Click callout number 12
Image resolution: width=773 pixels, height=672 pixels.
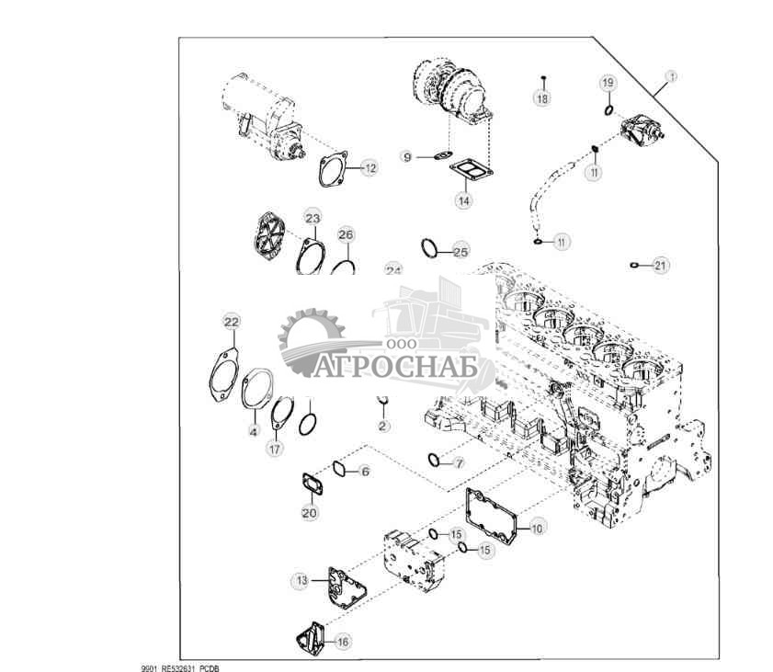pos(369,168)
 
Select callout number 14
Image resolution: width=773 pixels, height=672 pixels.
pos(465,199)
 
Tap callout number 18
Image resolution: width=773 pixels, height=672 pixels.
pos(542,98)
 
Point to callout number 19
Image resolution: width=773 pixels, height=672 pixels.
pos(608,84)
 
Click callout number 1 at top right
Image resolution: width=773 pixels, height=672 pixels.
pos(671,77)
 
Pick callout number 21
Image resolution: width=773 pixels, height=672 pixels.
pos(661,266)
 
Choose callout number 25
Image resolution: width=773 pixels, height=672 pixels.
pos(460,251)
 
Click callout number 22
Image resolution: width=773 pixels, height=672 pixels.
pos(232,322)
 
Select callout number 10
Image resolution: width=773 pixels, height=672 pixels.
pos(537,528)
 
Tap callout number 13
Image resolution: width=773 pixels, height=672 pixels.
pos(301,580)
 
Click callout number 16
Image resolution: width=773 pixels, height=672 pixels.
pos(342,642)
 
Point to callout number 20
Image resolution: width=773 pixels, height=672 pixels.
pos(309,512)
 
